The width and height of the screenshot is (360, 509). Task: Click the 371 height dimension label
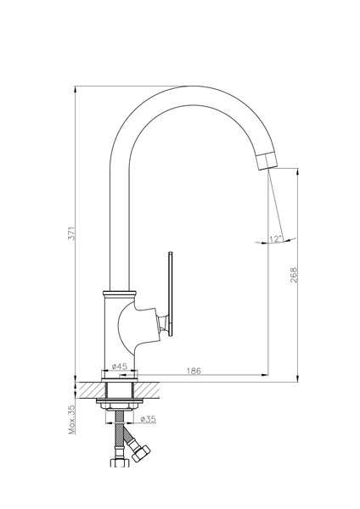point(71,233)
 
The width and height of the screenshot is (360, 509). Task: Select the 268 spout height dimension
point(294,275)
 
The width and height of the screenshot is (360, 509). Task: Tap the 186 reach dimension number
point(194,371)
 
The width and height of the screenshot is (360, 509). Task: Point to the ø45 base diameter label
point(119,366)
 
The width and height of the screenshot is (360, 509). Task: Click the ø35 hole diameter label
point(148,419)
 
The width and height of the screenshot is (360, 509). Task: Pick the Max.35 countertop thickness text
point(71,419)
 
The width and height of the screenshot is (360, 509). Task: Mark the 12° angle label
point(275,239)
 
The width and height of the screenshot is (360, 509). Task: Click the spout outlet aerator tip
point(266,160)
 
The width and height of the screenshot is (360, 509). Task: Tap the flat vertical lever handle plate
point(171,294)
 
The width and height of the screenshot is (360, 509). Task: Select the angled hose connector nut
point(141,452)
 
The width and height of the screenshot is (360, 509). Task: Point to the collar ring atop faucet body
point(119,294)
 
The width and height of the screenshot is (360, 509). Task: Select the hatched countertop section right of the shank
point(147,390)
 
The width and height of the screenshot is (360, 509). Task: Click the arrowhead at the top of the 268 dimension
point(298,171)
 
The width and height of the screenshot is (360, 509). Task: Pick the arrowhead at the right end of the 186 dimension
point(265,375)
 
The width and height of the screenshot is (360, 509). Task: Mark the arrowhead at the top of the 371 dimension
point(75,89)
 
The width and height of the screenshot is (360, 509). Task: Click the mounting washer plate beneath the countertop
point(119,401)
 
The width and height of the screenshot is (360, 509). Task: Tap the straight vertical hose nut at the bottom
point(120,463)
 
